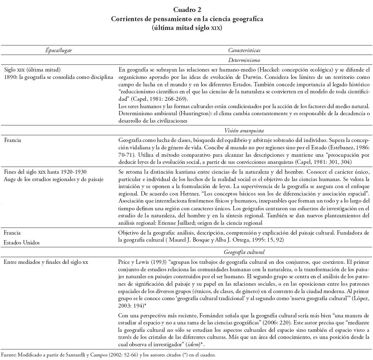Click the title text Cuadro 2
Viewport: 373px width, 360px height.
187,10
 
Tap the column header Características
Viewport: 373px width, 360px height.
244,50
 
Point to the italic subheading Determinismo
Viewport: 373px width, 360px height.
244,60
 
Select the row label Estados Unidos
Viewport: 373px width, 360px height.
22,242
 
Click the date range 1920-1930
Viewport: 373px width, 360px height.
74,172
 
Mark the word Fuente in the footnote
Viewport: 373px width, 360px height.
8,355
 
